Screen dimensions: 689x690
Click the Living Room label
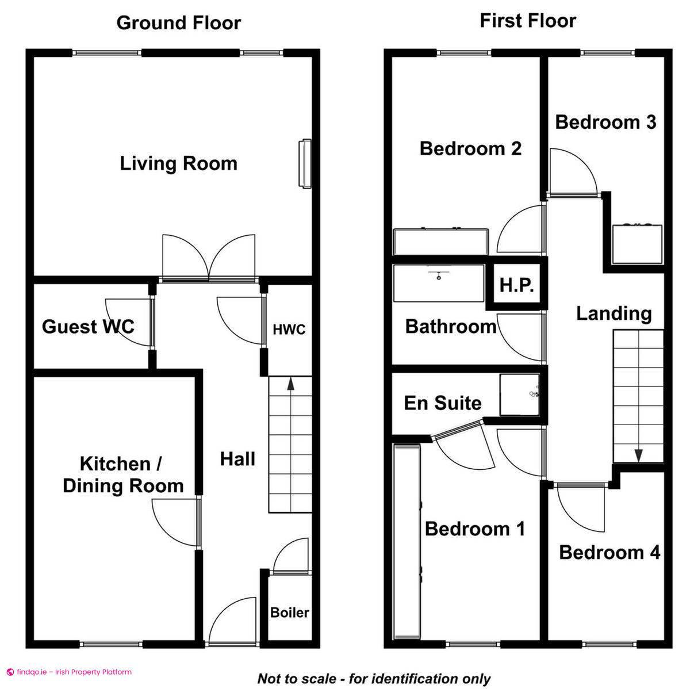178,163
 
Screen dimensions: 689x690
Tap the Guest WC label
88,327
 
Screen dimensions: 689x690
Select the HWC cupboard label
289,330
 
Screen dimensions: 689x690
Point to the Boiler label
290,613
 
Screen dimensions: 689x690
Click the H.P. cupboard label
516,285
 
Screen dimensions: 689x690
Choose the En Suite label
442,403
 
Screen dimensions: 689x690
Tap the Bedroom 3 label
605,122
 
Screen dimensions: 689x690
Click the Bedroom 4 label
609,553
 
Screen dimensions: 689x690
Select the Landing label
614,313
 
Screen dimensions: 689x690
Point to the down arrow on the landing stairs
638,454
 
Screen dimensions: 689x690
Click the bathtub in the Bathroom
438,283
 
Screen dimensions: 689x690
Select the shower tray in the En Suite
520,395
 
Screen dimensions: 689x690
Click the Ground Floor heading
178,23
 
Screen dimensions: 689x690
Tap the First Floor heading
527,21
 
